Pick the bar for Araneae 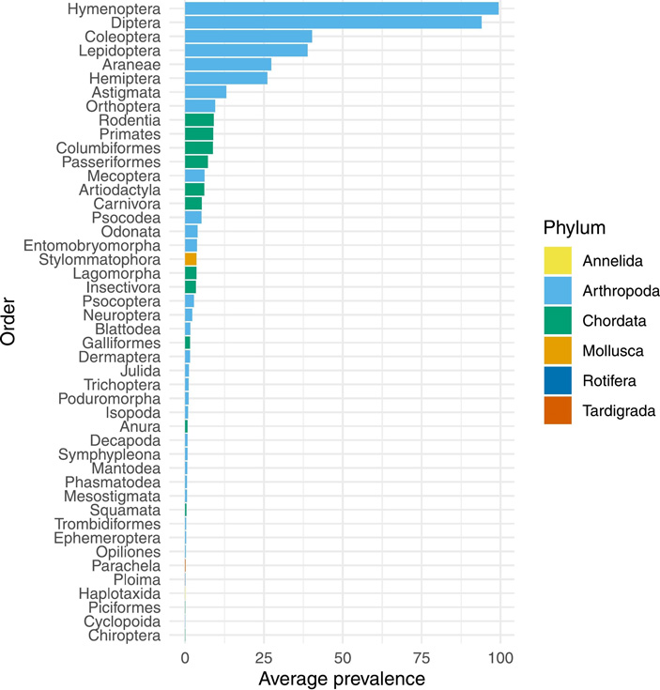[227, 64]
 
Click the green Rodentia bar [199, 120]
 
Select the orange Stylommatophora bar [191, 259]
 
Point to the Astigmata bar [206, 92]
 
